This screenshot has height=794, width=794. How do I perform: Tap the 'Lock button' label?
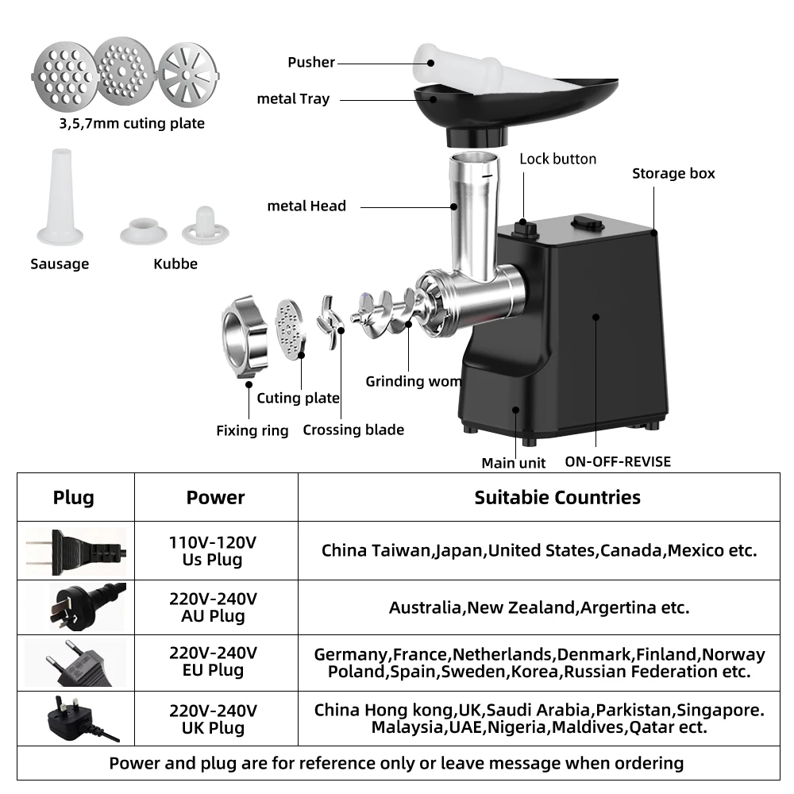(557, 159)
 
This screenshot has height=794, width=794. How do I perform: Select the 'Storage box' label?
(673, 173)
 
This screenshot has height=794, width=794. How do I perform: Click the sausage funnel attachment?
(60, 198)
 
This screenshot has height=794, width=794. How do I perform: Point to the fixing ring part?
(245, 337)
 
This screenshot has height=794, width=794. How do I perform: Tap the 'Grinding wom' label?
(413, 381)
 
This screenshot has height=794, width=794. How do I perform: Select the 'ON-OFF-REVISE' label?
(618, 461)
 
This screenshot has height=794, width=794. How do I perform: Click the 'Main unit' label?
(514, 463)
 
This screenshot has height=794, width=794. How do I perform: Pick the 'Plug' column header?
(74, 498)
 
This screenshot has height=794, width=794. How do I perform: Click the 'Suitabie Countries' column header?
(557, 498)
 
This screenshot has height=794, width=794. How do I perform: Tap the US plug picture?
(75, 551)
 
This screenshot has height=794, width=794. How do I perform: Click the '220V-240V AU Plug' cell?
(213, 607)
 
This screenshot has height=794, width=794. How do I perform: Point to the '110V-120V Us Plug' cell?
(213, 551)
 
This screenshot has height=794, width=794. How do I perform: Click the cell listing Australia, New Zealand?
(538, 607)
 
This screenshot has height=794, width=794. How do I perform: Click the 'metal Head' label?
(306, 206)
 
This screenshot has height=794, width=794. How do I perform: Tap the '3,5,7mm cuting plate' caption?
(132, 123)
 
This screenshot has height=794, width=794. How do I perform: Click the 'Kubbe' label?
(175, 264)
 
